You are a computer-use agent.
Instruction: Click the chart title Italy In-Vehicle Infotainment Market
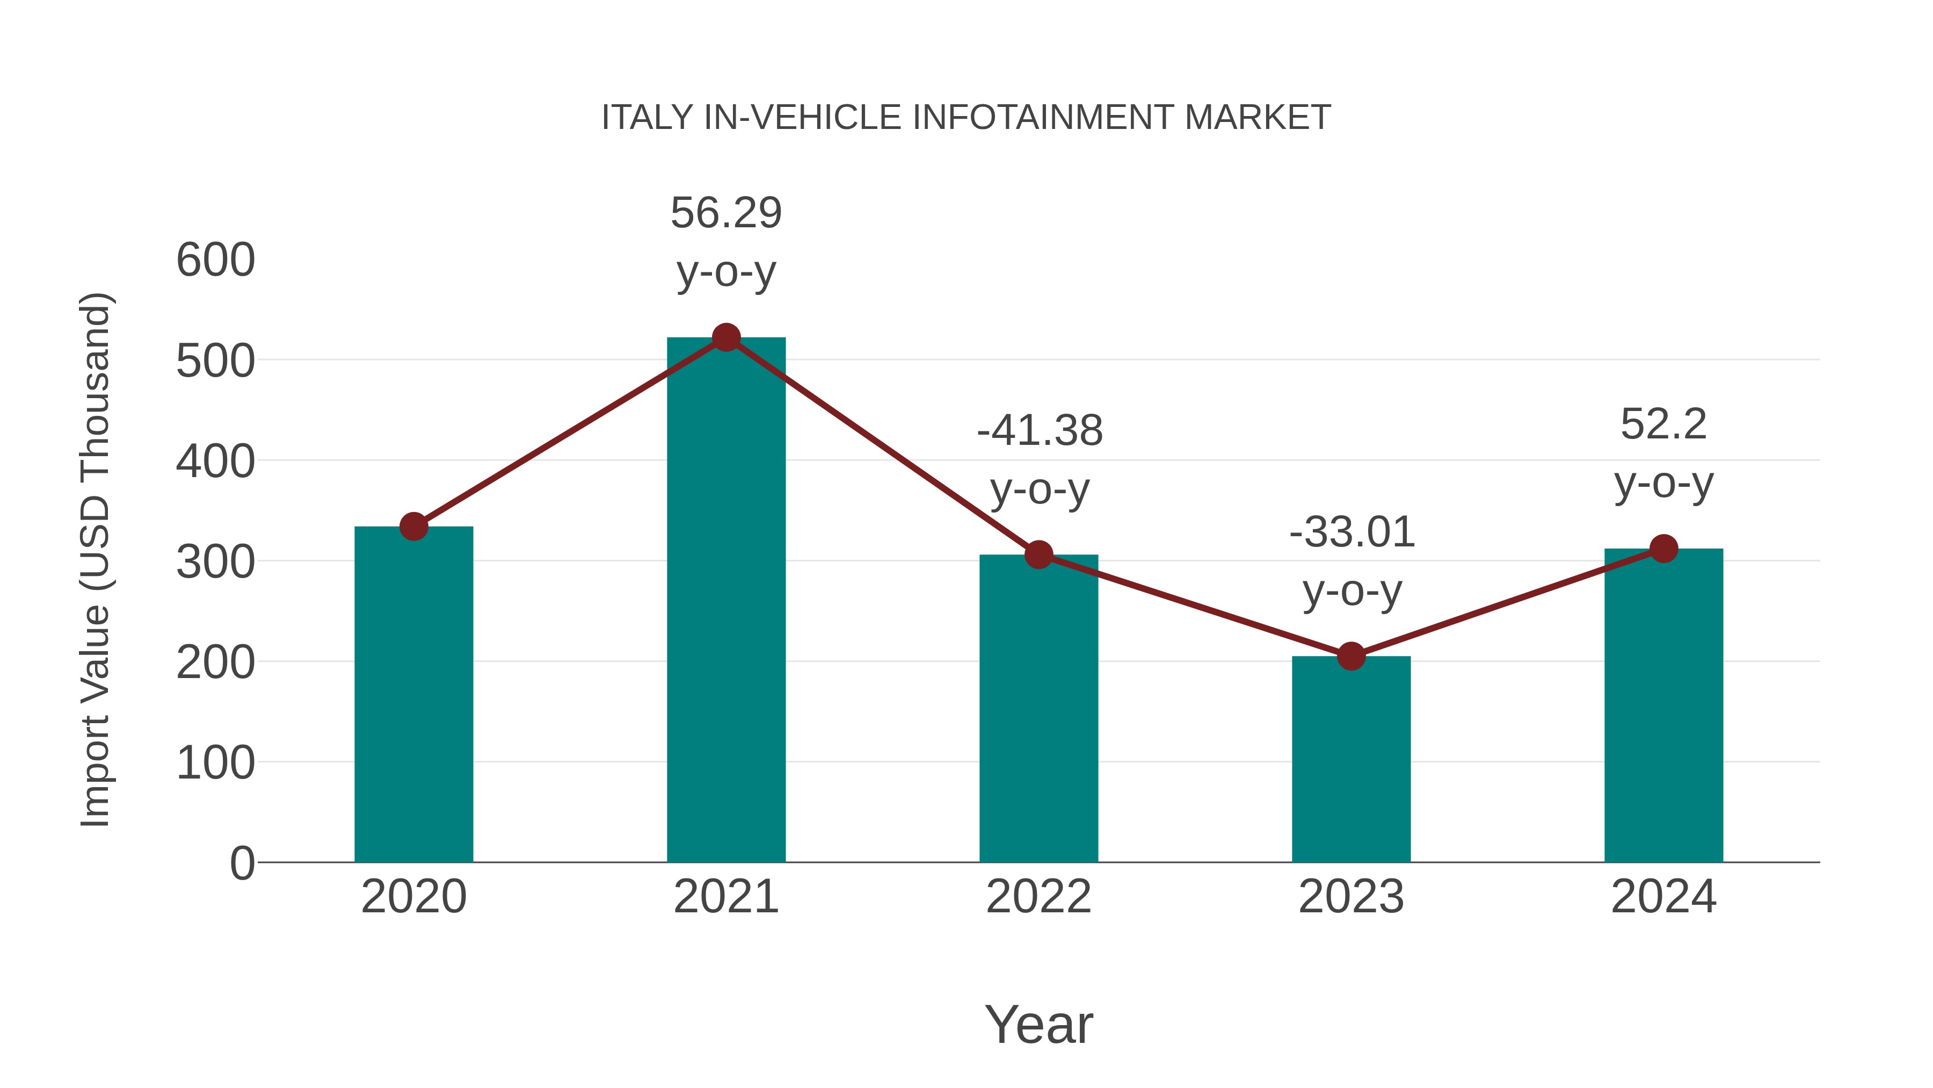click(x=966, y=118)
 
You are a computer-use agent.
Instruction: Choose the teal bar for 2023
click(x=1351, y=758)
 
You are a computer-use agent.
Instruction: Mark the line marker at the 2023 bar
click(x=1351, y=656)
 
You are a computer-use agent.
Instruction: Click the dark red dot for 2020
click(x=413, y=527)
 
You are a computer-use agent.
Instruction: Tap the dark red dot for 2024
click(x=1663, y=549)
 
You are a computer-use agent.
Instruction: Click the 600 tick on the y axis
click(x=215, y=261)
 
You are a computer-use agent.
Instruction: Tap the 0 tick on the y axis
click(x=242, y=863)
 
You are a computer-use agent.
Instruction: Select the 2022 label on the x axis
click(x=1038, y=897)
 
